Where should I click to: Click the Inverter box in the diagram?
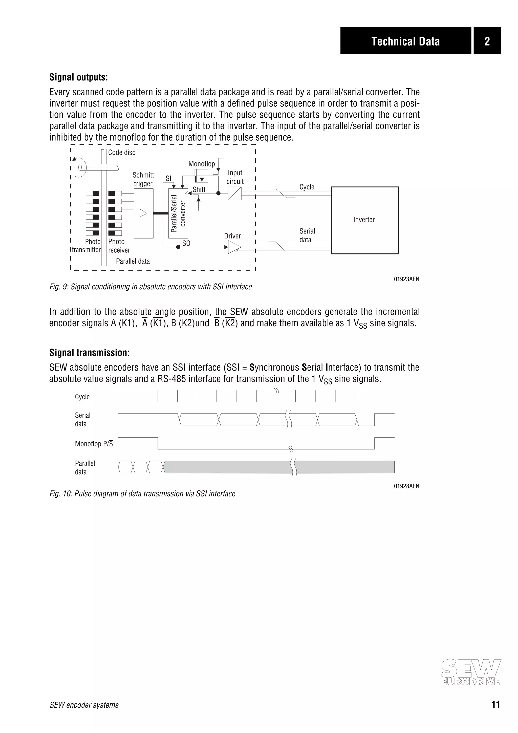(x=365, y=220)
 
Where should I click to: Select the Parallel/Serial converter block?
(x=178, y=213)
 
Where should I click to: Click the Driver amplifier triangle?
(x=234, y=247)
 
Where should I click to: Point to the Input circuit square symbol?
(x=234, y=193)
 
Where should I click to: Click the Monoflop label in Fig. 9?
(x=201, y=164)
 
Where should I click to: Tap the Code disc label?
(x=122, y=152)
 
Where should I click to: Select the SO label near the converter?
(x=186, y=243)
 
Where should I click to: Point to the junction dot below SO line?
(x=178, y=247)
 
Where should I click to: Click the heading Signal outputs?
(x=78, y=77)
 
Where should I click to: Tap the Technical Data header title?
(x=405, y=41)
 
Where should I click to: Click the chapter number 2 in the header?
(x=487, y=41)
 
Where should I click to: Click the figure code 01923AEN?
(x=406, y=279)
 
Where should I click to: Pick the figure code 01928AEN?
(x=406, y=486)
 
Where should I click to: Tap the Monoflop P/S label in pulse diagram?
(x=94, y=444)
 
